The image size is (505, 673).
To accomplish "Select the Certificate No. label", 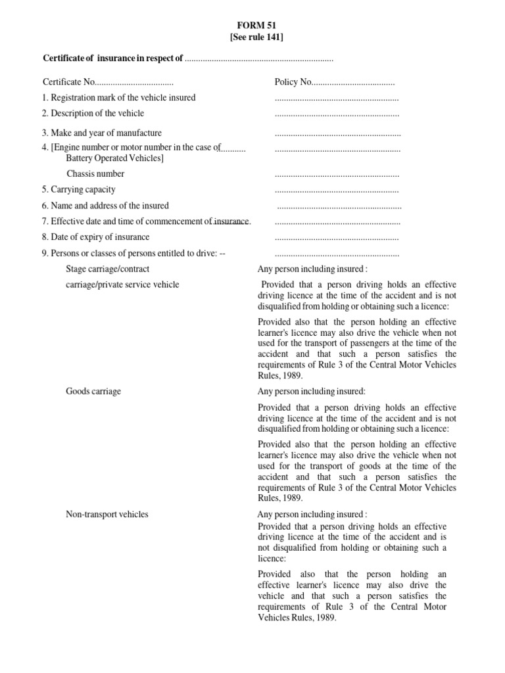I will (69, 82).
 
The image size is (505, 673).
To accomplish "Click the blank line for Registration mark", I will (337, 99).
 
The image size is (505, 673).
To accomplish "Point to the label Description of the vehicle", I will (93, 113).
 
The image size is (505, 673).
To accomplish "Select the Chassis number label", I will (95, 174).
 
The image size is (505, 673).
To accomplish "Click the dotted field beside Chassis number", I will (337, 175).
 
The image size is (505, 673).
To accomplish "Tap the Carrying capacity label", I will (79, 190).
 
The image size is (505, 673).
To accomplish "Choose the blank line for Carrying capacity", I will (337, 191).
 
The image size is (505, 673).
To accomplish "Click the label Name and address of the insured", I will (105, 206).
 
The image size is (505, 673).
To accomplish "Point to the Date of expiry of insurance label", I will (96, 237).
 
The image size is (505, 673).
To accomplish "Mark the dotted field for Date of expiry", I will (337, 239).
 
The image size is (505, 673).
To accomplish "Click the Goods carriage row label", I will (93, 392).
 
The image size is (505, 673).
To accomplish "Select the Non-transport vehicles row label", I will (107, 515).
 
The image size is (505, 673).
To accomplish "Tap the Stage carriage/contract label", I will (108, 269).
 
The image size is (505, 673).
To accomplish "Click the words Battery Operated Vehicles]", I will (115, 158).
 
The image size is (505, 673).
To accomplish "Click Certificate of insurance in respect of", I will (112, 59).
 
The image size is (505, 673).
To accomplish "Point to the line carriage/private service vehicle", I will (122, 285).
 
